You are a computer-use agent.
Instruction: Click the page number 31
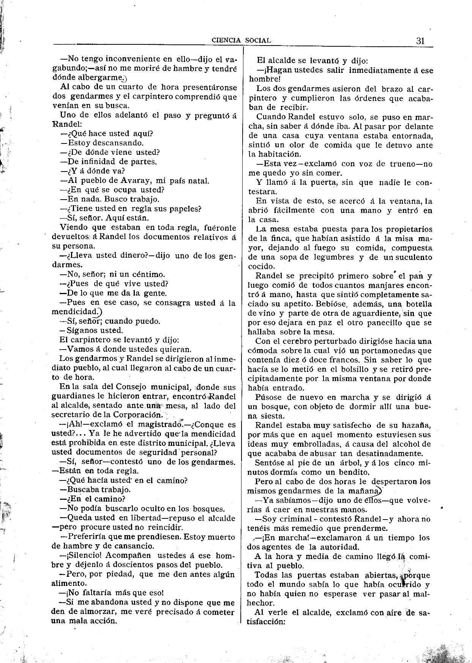[x=420, y=41]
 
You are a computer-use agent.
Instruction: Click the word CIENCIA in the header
[x=226, y=41]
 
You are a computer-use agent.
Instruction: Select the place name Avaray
[x=124, y=181]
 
